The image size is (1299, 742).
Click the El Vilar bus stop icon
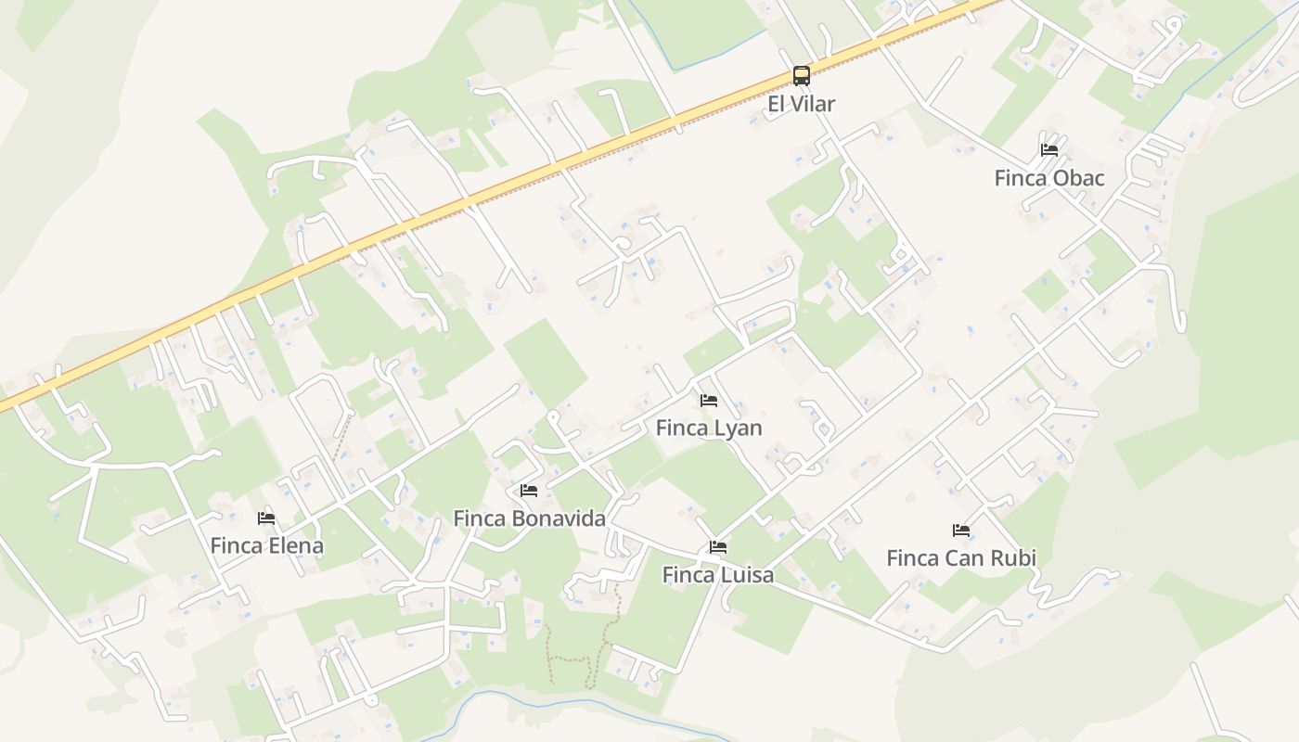[x=802, y=76]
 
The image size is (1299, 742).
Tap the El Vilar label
[x=802, y=104]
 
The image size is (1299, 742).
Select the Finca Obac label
[x=1049, y=178]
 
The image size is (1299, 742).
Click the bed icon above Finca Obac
[x=1049, y=149]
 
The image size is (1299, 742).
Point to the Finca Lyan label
[x=709, y=428]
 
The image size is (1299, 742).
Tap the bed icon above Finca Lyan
[x=709, y=401]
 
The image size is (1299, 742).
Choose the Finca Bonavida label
[x=529, y=518]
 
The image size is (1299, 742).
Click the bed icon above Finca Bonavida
[x=529, y=490]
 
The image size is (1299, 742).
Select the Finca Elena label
[x=267, y=545]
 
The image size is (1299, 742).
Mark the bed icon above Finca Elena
[x=267, y=518]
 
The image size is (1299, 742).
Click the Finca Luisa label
[x=718, y=575]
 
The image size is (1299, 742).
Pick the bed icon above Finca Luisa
[x=718, y=547]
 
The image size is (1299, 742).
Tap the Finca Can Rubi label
[x=961, y=558]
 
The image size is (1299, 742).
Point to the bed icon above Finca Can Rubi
[x=961, y=531]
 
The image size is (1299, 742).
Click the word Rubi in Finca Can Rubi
[x=1013, y=558]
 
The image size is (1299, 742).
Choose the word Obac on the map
[x=1078, y=178]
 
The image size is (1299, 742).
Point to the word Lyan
[x=738, y=428]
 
